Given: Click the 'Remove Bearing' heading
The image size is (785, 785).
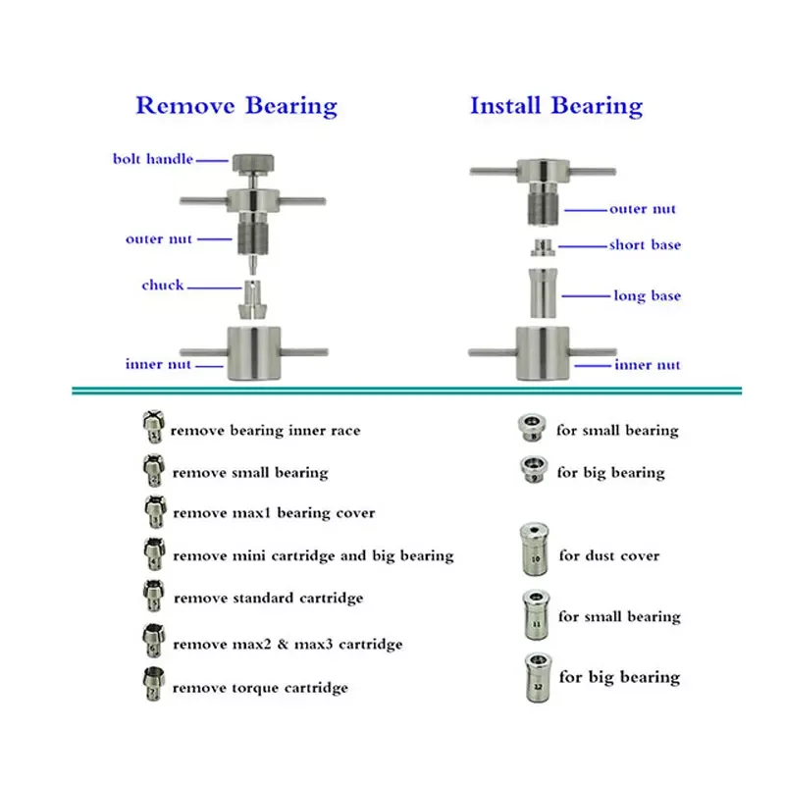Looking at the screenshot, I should click(235, 106).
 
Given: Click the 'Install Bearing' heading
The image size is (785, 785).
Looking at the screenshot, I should click(556, 106).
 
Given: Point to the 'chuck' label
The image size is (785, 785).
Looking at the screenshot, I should click(162, 286).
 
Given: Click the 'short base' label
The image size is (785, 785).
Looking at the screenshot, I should click(645, 244).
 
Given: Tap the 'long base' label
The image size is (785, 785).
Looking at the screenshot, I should click(647, 295).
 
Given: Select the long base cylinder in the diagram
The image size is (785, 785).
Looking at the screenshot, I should click(544, 292).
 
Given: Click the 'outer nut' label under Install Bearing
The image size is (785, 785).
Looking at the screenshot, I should click(643, 209).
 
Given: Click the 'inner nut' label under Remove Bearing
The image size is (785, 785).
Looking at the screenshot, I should click(156, 365).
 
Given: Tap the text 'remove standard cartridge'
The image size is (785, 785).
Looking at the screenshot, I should click(268, 598).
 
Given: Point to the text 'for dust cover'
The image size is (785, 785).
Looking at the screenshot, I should click(608, 555).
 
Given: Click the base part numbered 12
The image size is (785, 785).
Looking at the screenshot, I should click(536, 676).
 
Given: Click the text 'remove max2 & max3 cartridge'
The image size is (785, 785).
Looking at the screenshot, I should click(288, 644).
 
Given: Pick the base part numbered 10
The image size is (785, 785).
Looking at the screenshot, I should click(535, 551).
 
